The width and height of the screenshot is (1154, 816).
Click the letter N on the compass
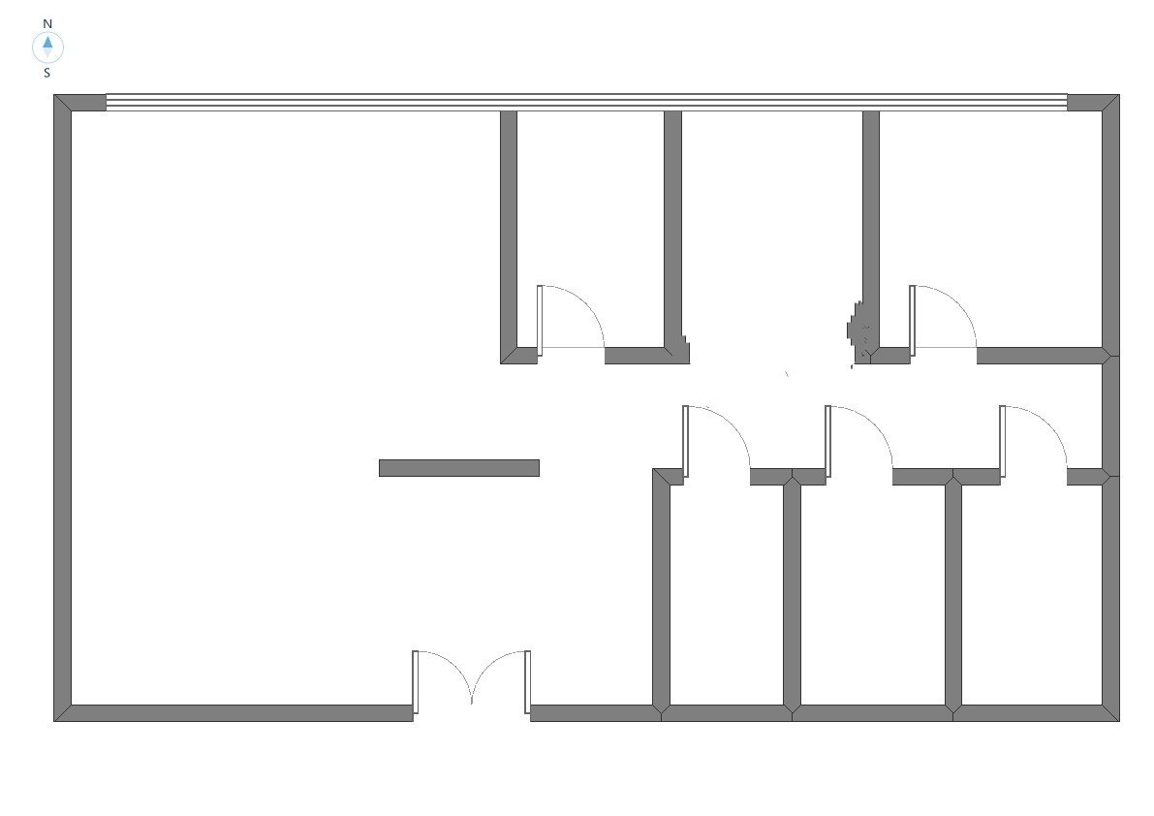47,23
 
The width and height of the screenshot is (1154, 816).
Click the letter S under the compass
47,72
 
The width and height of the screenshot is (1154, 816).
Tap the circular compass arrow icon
47,46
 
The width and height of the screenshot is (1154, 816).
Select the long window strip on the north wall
586,102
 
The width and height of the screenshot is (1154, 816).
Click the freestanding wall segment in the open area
458,468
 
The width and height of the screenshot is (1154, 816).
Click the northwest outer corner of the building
56,97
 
